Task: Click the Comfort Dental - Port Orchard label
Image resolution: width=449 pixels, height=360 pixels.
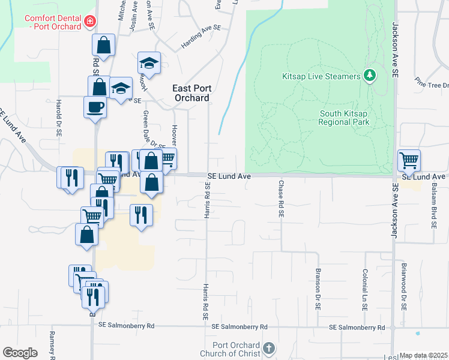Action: point(53,22)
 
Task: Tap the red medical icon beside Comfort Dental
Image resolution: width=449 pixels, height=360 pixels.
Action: point(90,22)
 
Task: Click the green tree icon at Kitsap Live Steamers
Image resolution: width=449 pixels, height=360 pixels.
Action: point(370,76)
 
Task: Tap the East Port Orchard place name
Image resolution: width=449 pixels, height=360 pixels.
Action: point(191,93)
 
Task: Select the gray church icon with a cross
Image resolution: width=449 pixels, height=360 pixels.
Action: point(270,349)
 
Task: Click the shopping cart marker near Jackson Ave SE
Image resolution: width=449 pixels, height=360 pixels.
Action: point(409,160)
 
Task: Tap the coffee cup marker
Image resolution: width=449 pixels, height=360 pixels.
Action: point(95,108)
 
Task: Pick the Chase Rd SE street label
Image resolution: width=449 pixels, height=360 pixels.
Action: point(280,198)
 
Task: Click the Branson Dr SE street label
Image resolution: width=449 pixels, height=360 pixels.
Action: point(317,288)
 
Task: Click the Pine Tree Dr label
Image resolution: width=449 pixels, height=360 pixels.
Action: point(432,85)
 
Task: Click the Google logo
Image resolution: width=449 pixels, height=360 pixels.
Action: point(20,353)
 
